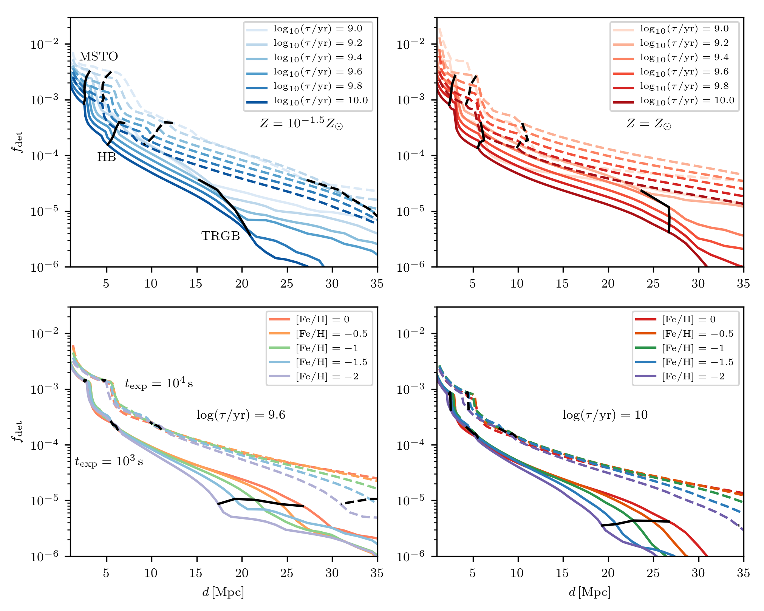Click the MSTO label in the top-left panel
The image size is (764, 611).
click(99, 57)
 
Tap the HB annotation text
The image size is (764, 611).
click(107, 157)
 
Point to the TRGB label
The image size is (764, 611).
click(221, 236)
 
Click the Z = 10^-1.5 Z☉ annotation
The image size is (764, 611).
click(301, 124)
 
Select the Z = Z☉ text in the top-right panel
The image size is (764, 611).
click(649, 124)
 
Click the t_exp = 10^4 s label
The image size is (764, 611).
click(159, 384)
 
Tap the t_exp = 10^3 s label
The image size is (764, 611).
click(109, 462)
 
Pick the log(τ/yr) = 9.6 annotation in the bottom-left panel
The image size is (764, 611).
click(241, 415)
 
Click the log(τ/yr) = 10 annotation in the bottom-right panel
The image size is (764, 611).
click(605, 415)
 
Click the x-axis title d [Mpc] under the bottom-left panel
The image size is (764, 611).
click(223, 592)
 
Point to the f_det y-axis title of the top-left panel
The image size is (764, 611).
click(17, 142)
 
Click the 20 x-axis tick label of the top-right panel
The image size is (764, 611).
click(608, 284)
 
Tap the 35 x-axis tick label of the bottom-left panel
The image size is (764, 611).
click(377, 573)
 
